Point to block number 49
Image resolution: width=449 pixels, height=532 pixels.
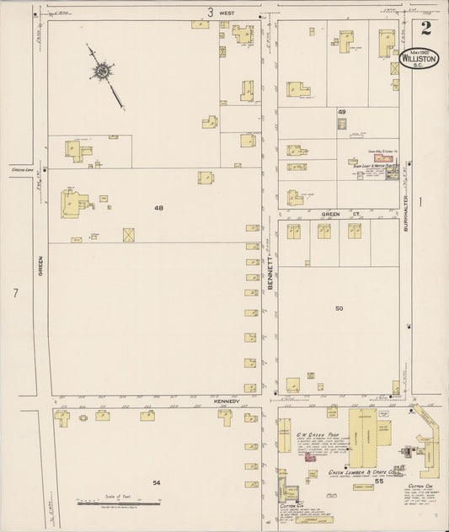point(342,112)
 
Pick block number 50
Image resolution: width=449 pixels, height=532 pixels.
point(339,309)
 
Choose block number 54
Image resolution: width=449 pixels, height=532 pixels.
point(156,482)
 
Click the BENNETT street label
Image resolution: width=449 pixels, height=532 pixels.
point(270,274)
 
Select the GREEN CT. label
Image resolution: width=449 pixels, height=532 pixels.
point(336,215)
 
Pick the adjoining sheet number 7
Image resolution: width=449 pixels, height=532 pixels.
point(14,293)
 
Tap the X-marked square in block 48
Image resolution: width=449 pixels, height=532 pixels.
point(129,234)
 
